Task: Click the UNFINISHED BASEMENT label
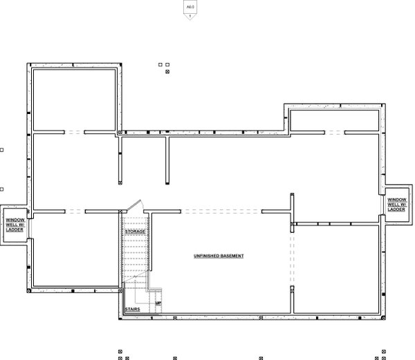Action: [219, 256]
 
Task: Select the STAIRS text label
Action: [134, 309]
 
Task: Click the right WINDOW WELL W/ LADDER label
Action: [397, 204]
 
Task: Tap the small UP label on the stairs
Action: [158, 303]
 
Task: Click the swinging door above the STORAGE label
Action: [136, 206]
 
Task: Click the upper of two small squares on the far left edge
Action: [2, 149]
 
